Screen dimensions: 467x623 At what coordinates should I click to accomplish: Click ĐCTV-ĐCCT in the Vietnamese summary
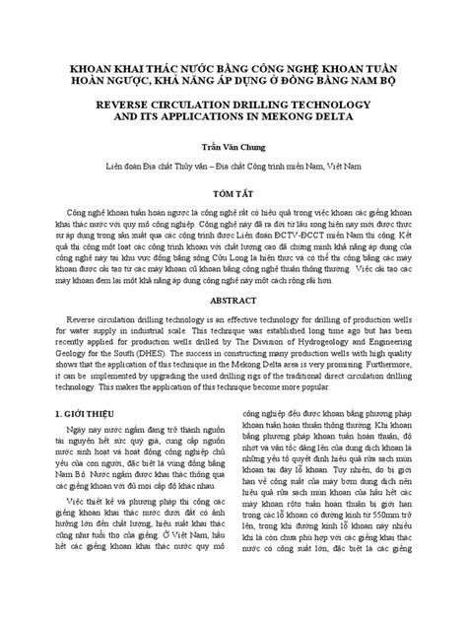coord(323,239)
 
